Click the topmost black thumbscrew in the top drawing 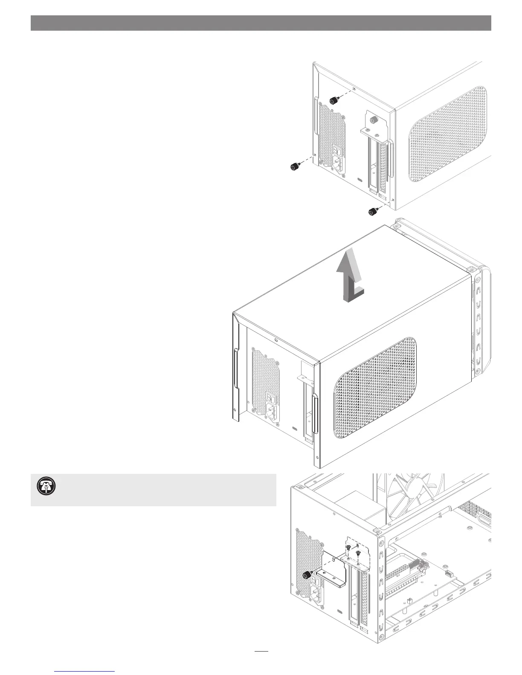(x=334, y=101)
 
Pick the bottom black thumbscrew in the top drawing (x=373, y=211)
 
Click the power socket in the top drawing (x=339, y=164)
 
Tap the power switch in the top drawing (x=337, y=150)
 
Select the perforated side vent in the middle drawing (x=375, y=388)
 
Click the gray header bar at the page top (x=261, y=23)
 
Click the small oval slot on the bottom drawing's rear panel (x=339, y=611)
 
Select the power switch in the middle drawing (x=270, y=396)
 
